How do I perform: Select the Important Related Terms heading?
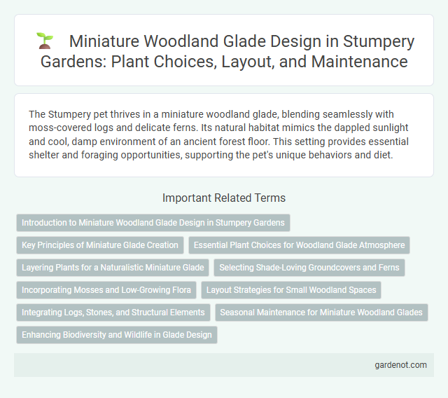coord(223,198)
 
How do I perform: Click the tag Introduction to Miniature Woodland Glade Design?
coord(153,223)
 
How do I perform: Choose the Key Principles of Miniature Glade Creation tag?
coord(100,245)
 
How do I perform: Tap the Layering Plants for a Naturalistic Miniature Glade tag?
coord(113,268)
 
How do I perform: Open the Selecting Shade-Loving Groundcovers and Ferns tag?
coord(308,268)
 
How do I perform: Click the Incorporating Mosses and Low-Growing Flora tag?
coord(105,290)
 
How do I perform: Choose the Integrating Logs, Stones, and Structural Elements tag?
coord(113,313)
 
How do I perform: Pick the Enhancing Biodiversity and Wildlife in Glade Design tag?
coord(117,335)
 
